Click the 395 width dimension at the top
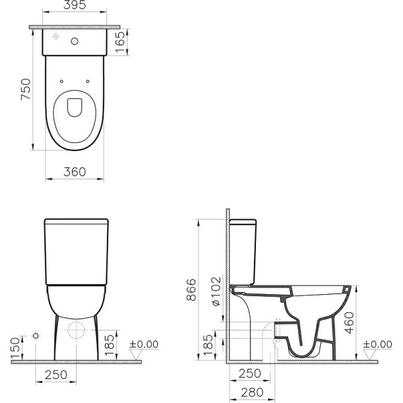pyautogui.click(x=75, y=7)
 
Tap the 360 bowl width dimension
pyautogui.click(x=75, y=172)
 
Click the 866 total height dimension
pyautogui.click(x=191, y=290)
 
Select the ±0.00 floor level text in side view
pyautogui.click(x=377, y=344)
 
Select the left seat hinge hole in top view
pyautogui.click(x=62, y=82)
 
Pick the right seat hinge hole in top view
pyautogui.click(x=89, y=82)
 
